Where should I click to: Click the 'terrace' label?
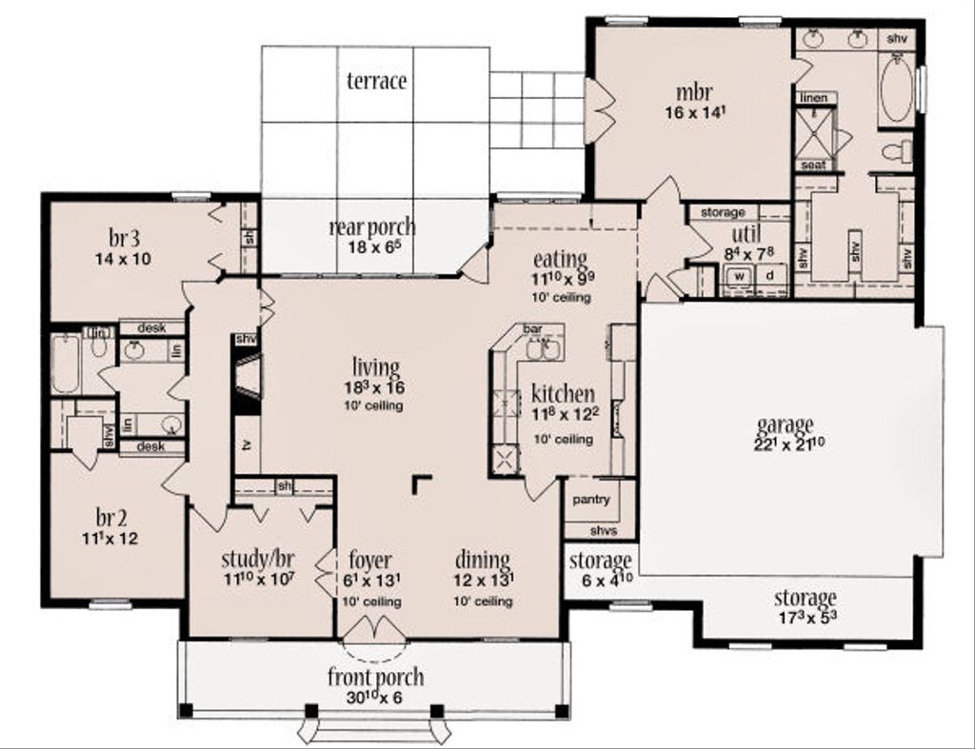(376, 81)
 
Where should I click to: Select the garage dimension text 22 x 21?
(785, 443)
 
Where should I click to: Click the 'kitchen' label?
(563, 394)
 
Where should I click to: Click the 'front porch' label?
(375, 678)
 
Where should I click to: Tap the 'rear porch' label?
(371, 227)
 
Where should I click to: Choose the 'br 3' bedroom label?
(122, 238)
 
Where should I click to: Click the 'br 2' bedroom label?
(110, 518)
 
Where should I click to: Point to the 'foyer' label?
(369, 560)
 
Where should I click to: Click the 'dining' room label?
(482, 560)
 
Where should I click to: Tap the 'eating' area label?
(560, 259)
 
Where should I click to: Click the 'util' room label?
(745, 235)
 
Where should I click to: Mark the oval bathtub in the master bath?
(895, 91)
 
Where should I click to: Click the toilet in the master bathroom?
(896, 151)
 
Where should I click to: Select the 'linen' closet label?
(812, 98)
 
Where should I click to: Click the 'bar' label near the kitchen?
(531, 329)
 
